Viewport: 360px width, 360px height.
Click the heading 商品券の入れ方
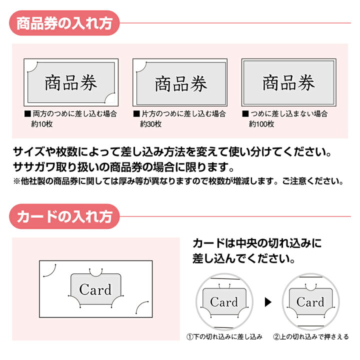(x=65, y=23)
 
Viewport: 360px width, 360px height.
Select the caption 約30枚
(x=151, y=123)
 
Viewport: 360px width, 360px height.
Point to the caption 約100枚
(x=261, y=123)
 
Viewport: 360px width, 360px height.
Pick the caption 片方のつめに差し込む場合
(x=182, y=114)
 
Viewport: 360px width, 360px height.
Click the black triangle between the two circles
(x=267, y=301)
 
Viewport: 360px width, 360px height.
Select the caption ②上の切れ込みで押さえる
(x=310, y=337)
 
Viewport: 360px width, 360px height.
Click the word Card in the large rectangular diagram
(x=95, y=289)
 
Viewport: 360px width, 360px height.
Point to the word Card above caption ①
(x=224, y=302)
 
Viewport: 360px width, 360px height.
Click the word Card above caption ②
(x=310, y=302)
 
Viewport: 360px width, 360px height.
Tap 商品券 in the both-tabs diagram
(x=71, y=82)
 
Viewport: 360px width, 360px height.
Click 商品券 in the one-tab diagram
(x=180, y=84)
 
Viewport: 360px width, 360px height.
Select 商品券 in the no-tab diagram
(x=288, y=82)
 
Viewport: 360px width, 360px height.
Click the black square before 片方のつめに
(x=135, y=114)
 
